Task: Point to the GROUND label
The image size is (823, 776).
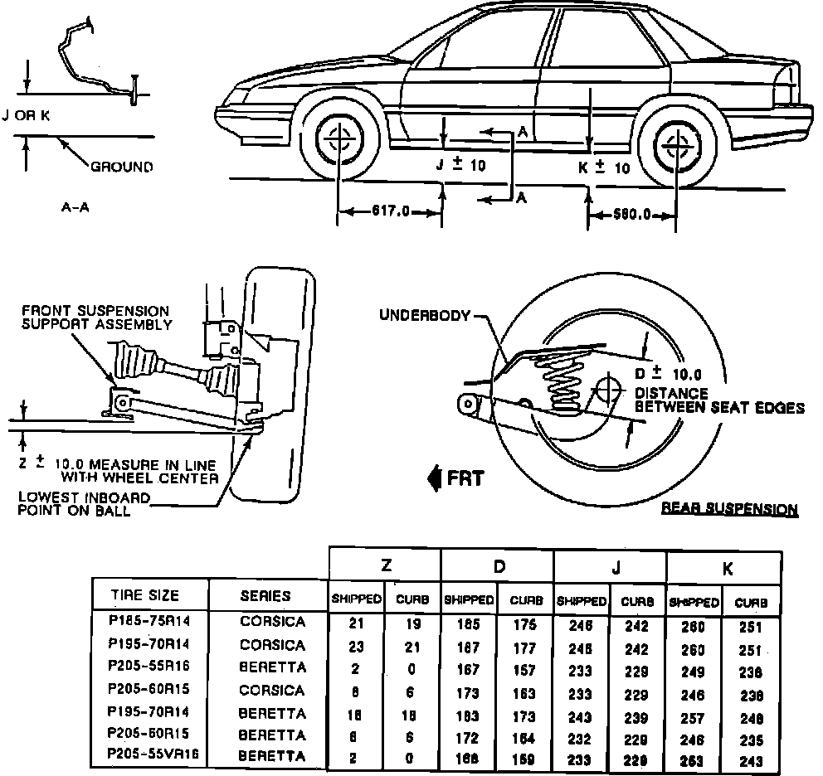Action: pyautogui.click(x=121, y=167)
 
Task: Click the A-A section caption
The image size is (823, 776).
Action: pyautogui.click(x=75, y=207)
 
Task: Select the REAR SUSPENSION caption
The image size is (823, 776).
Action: pyautogui.click(x=729, y=509)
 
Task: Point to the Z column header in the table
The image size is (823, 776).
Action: pyautogui.click(x=385, y=567)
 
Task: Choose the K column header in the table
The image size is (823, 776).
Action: pyautogui.click(x=727, y=569)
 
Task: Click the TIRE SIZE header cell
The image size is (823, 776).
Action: pyautogui.click(x=145, y=595)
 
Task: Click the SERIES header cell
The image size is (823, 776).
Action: pyautogui.click(x=265, y=595)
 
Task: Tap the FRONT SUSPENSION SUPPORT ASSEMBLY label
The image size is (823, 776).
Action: pyautogui.click(x=96, y=318)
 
